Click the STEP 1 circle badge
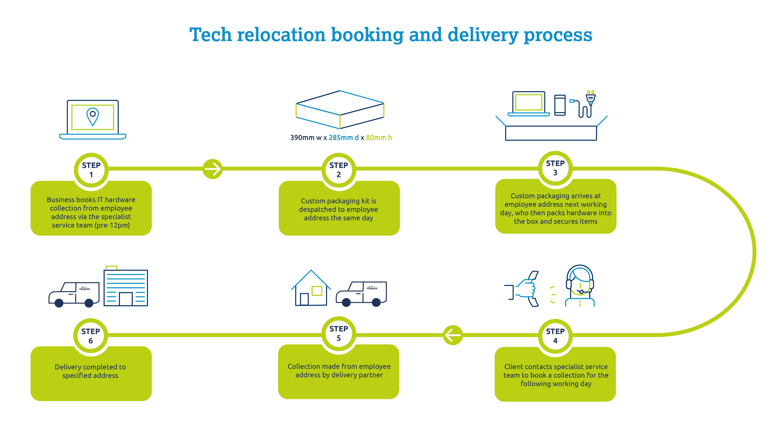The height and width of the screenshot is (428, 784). tap(91, 170)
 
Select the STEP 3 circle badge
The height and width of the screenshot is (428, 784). tap(555, 168)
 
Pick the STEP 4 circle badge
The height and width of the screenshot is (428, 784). tap(555, 336)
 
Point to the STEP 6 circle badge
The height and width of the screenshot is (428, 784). tap(90, 336)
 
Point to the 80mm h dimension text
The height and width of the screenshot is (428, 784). tap(379, 138)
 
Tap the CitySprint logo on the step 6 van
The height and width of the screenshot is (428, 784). tap(85, 289)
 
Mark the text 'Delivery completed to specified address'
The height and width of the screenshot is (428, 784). tap(90, 371)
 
